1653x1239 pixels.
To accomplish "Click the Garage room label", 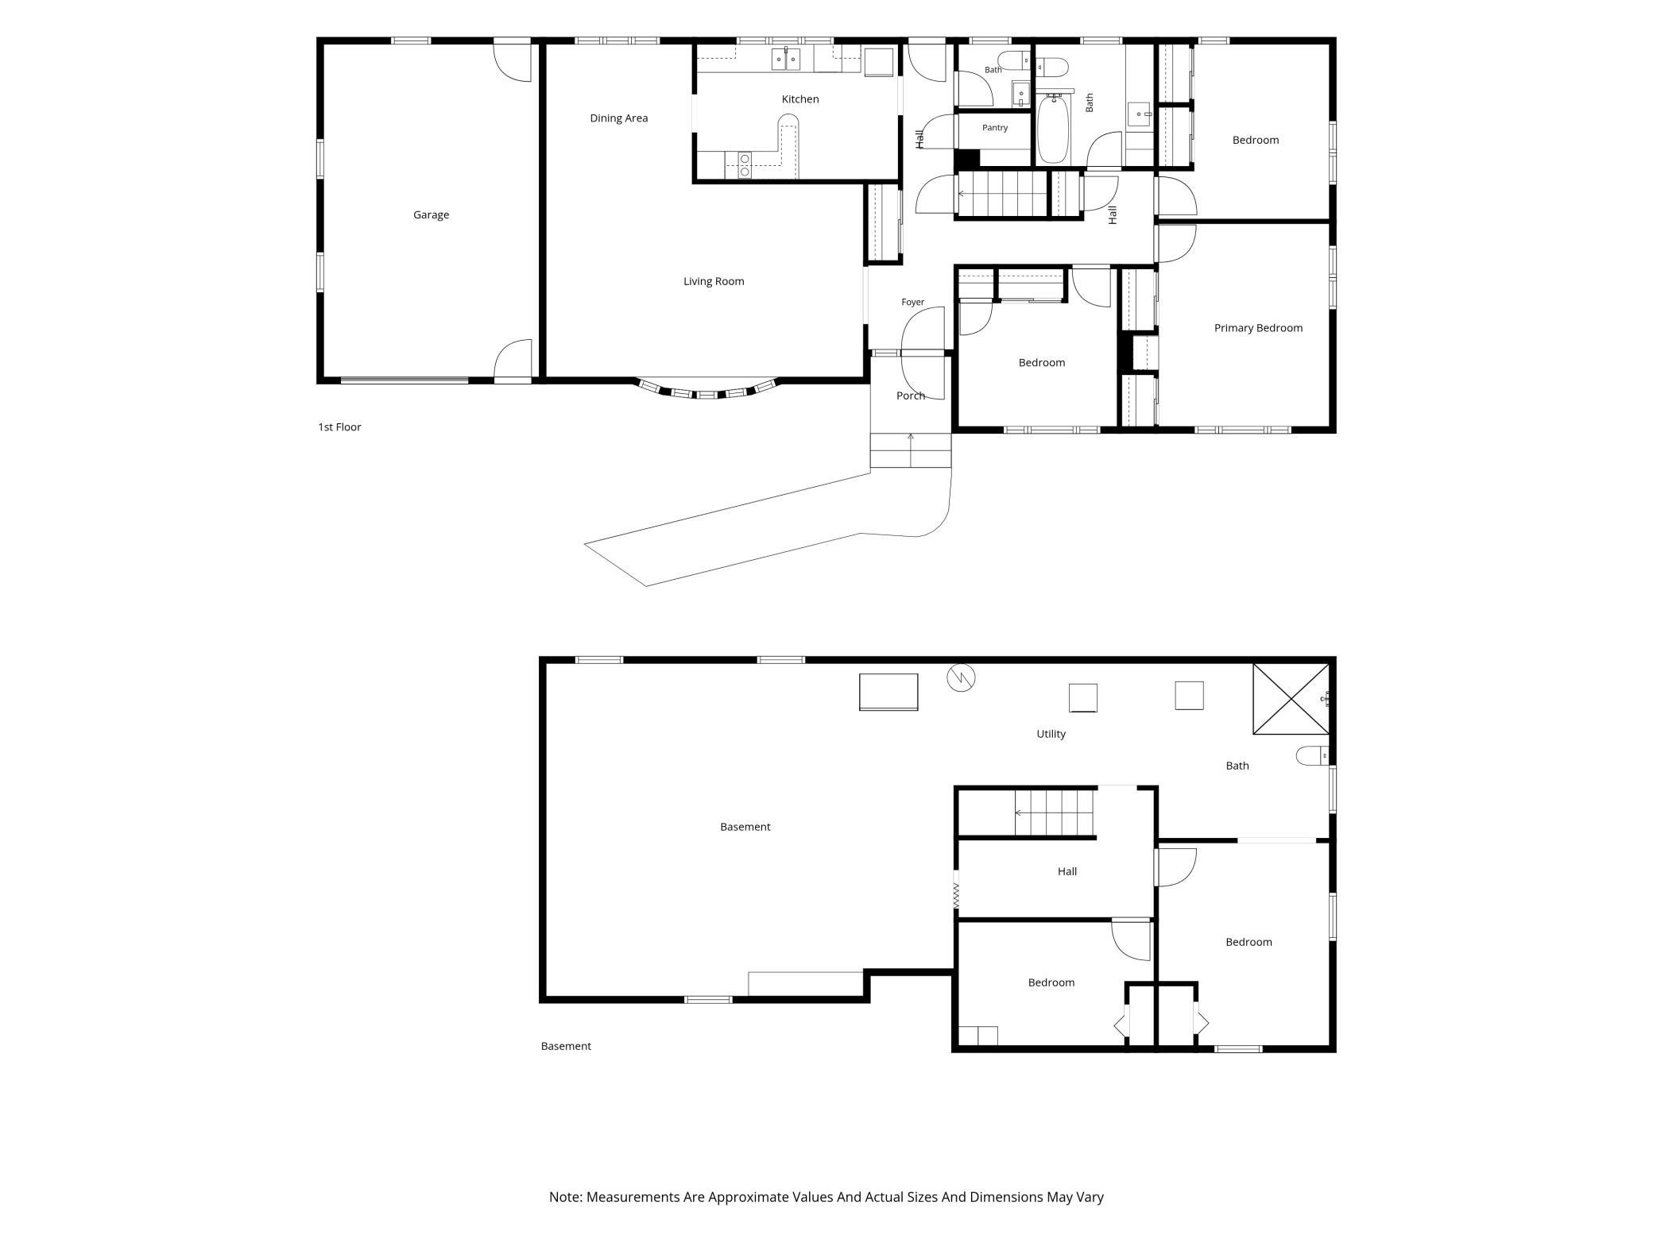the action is point(431,214).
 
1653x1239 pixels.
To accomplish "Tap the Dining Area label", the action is point(618,118).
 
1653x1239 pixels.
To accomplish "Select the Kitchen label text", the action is point(800,99).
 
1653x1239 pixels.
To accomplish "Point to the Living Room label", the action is point(714,281).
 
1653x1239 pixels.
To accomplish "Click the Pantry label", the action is point(995,128).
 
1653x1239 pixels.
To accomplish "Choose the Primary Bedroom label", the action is point(1258,328).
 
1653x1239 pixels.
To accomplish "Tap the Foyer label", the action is point(913,303).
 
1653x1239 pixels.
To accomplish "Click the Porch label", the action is point(911,396).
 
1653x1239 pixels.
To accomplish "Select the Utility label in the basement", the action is point(1051,734).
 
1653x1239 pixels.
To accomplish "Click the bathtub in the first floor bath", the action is point(1054,129).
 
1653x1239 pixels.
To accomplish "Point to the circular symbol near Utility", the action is point(961,677).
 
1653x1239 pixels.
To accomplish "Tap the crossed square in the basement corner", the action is point(1291,699).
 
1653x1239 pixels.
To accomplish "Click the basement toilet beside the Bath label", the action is point(1312,755).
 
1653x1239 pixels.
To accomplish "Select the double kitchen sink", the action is point(788,59).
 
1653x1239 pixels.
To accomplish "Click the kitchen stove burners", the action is point(745,165).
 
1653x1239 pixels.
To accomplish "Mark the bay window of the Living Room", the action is point(706,390).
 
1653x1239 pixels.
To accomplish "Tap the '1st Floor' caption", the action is point(339,427).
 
